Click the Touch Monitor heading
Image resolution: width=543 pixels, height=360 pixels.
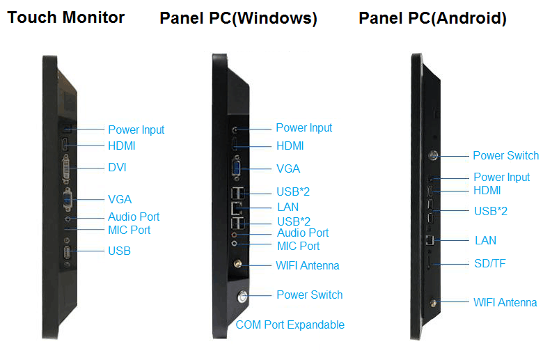click(x=66, y=17)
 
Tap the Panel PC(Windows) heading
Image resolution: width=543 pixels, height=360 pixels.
click(x=238, y=18)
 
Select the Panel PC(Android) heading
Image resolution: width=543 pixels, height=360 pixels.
click(x=432, y=18)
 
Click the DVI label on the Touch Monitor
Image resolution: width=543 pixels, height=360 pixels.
click(x=117, y=167)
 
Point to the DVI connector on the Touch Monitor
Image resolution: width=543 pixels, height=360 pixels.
click(x=66, y=169)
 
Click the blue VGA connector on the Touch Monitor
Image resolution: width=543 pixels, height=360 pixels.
click(x=68, y=199)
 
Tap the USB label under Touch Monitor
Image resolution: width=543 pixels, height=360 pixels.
click(x=119, y=251)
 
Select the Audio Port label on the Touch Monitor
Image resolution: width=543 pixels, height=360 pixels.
click(x=134, y=217)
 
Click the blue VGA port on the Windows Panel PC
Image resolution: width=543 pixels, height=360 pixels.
click(x=237, y=169)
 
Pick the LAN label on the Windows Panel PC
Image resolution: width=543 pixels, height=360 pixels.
click(x=288, y=208)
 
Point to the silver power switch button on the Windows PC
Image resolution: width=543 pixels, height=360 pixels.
click(x=242, y=297)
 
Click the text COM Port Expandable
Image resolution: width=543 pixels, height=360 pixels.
click(x=290, y=324)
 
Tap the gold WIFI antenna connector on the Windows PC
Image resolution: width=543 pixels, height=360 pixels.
click(x=237, y=264)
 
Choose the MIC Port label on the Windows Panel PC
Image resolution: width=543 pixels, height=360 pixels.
click(x=298, y=246)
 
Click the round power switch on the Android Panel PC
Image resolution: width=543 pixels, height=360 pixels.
click(x=433, y=155)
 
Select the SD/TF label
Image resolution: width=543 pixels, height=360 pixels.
click(x=489, y=263)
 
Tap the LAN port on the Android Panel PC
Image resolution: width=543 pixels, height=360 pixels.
click(x=430, y=240)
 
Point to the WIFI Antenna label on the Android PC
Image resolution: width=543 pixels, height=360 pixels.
click(x=505, y=302)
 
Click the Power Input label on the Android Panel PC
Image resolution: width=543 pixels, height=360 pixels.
click(x=502, y=177)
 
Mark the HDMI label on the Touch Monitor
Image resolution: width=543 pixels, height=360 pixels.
click(x=122, y=146)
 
